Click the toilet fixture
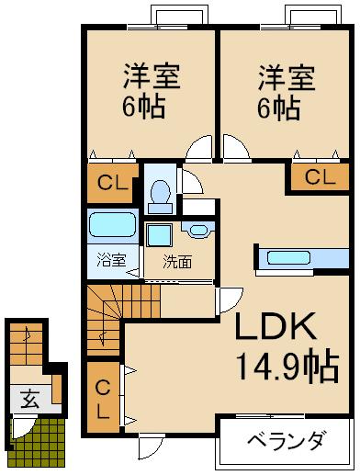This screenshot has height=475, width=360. click(x=161, y=191)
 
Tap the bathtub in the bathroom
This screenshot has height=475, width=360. click(x=114, y=225)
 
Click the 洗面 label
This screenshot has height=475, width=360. click(x=177, y=261)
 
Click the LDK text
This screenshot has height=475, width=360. click(x=278, y=328)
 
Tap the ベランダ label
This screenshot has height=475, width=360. click(x=285, y=441)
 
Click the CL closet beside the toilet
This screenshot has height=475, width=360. click(x=112, y=181)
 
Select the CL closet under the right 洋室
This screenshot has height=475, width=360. click(x=319, y=176)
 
